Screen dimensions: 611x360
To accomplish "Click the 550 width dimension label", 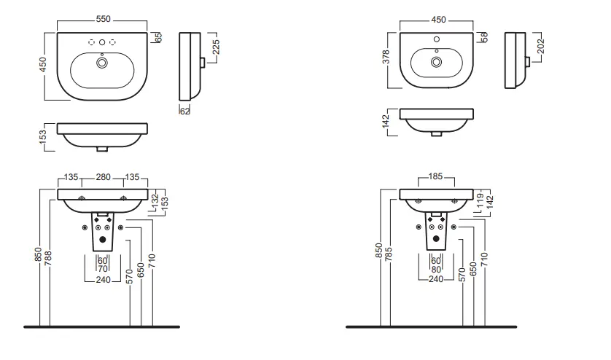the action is click(x=104, y=19).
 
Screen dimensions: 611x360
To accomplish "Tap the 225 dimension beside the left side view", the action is click(x=217, y=47).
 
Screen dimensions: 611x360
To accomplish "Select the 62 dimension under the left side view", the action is click(x=184, y=111).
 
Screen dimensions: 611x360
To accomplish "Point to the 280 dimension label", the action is click(x=104, y=177).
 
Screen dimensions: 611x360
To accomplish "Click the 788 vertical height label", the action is click(x=48, y=259).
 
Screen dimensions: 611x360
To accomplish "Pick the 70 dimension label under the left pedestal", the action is click(x=103, y=269).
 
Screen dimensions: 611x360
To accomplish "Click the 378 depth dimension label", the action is click(x=386, y=57).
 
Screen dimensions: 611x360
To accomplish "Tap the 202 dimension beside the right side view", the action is click(x=540, y=47).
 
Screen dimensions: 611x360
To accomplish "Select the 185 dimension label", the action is click(x=436, y=176).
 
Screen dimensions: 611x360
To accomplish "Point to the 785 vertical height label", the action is click(x=388, y=254).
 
